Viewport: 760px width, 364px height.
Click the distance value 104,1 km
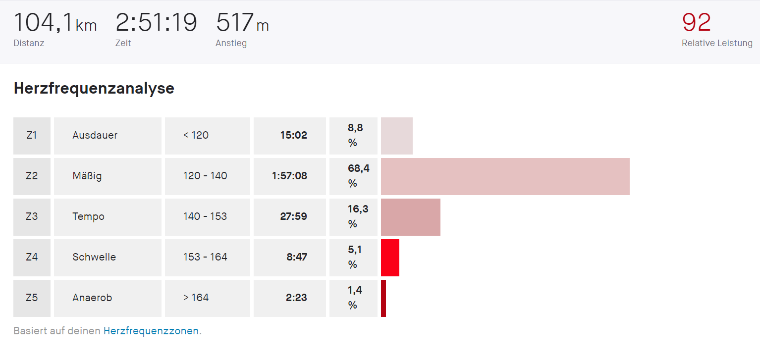point(55,23)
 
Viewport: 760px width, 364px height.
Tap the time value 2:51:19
point(156,23)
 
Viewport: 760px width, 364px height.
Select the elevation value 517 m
point(242,23)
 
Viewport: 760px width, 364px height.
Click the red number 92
point(696,23)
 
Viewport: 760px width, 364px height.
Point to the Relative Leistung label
point(717,43)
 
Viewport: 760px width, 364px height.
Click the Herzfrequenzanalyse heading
point(94,88)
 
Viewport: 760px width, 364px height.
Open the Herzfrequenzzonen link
point(151,331)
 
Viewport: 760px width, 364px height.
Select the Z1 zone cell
point(32,136)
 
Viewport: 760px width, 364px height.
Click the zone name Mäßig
point(87,176)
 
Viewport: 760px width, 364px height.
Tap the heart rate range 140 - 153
point(205,217)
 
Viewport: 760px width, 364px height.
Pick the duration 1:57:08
point(289,176)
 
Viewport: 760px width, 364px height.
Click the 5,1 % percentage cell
point(354,258)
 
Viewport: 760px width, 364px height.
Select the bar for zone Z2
point(505,176)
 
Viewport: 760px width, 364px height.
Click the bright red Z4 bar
point(390,258)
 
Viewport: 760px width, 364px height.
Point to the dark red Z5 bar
point(383,298)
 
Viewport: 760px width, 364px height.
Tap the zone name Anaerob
point(92,298)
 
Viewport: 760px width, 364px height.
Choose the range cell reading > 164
point(196,298)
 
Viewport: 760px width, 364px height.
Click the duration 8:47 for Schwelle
point(297,258)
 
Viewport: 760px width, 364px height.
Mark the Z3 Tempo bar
point(410,217)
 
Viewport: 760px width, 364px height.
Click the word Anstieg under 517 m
point(231,43)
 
